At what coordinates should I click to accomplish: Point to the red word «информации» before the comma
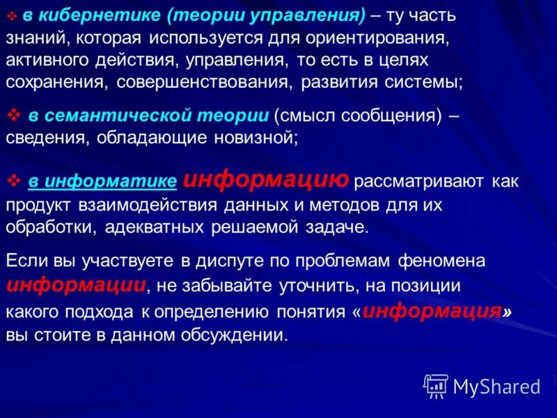pos(77,284)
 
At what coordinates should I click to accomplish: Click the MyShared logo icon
pos(436,385)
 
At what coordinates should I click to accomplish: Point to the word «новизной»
pos(254,138)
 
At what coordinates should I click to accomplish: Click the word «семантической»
pos(111,116)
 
